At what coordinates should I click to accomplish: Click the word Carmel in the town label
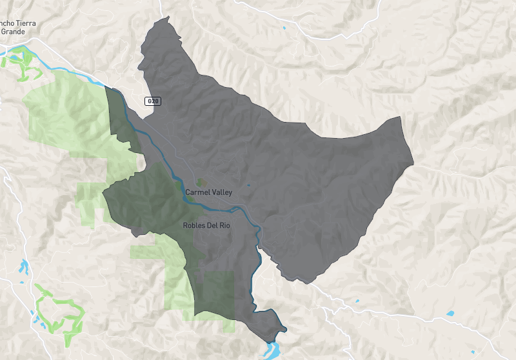[x=196, y=193]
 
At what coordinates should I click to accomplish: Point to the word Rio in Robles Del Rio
[x=224, y=226]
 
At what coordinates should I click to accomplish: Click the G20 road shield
[x=152, y=101]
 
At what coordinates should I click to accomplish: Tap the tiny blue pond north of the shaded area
[x=283, y=28]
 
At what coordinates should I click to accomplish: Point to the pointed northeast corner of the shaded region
[x=400, y=118]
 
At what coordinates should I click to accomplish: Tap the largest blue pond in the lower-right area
[x=450, y=314]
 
